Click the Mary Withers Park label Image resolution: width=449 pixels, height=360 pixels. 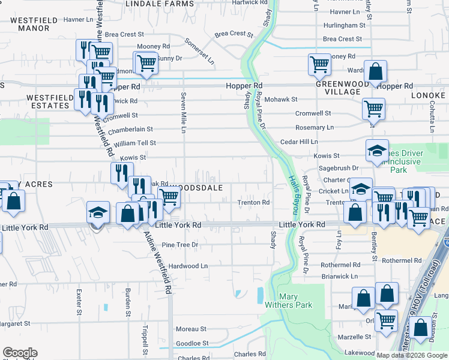pyautogui.click(x=296, y=301)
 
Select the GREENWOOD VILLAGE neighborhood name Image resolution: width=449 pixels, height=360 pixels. pyautogui.click(x=342, y=88)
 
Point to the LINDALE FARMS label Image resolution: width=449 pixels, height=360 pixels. pyautogui.click(x=160, y=4)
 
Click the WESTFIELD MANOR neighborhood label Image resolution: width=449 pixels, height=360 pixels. pyautogui.click(x=33, y=24)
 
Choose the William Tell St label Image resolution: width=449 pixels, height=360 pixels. pyautogui.click(x=135, y=143)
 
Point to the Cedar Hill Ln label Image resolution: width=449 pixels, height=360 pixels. pyautogui.click(x=298, y=142)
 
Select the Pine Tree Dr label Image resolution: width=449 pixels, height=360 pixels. pyautogui.click(x=179, y=245)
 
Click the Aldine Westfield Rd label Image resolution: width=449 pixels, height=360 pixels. pyautogui.click(x=157, y=263)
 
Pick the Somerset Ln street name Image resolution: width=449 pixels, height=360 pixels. pyautogui.click(x=199, y=52)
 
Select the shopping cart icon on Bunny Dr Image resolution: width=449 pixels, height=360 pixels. pyautogui.click(x=145, y=62)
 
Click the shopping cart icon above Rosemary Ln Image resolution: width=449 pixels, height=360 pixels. pyautogui.click(x=373, y=109)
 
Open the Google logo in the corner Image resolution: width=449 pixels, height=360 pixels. pyautogui.click(x=20, y=353)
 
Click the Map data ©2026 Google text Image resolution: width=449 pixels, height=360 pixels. pyautogui.click(x=412, y=355)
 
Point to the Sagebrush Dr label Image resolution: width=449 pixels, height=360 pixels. pyautogui.click(x=339, y=169)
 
